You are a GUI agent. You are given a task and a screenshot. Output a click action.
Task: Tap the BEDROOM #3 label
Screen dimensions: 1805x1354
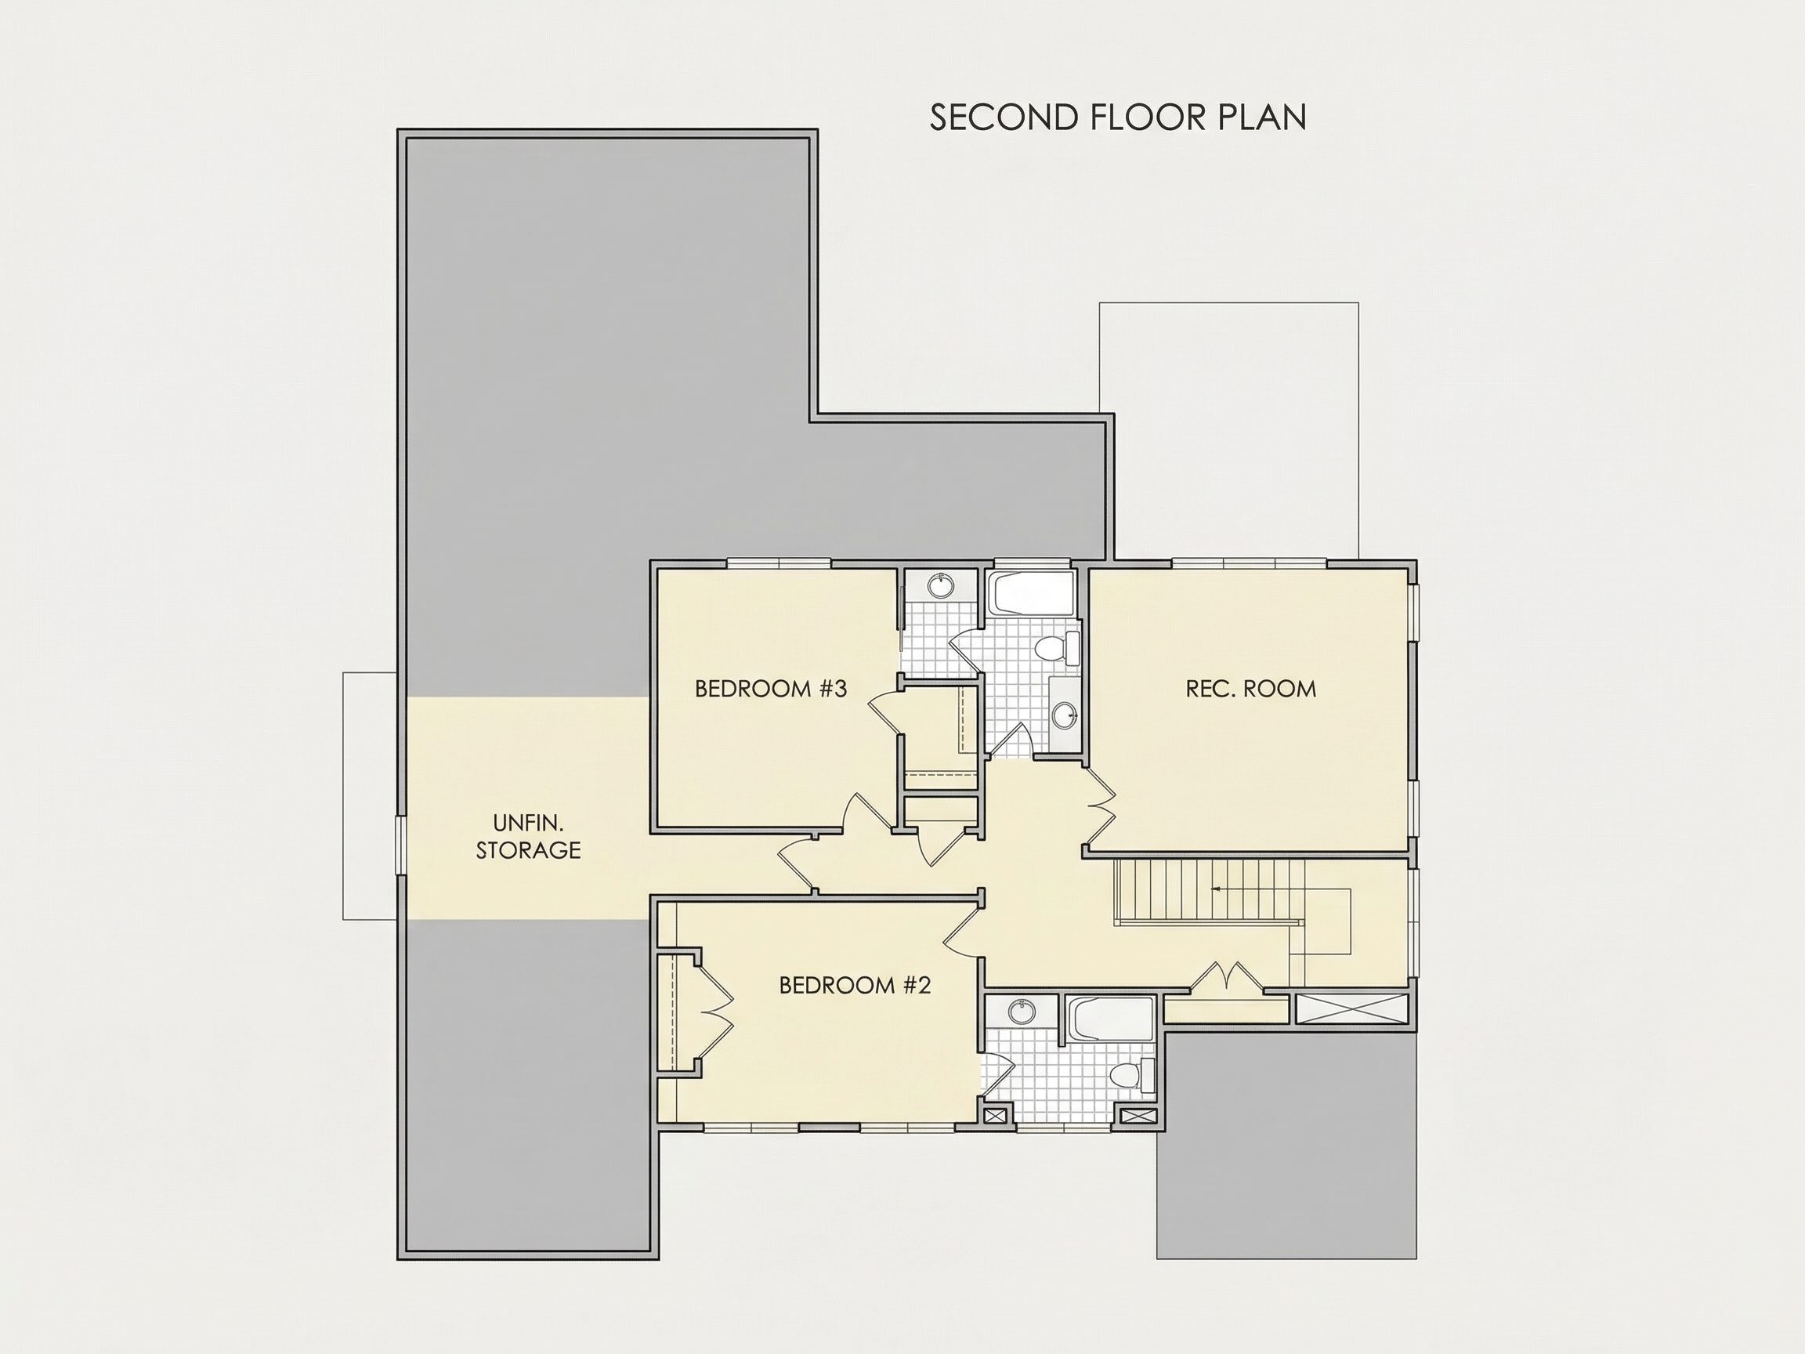click(771, 689)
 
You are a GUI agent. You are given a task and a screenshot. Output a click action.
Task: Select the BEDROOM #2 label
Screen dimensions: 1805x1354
click(855, 985)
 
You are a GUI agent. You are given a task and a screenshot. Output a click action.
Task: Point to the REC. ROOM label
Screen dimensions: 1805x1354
click(1251, 689)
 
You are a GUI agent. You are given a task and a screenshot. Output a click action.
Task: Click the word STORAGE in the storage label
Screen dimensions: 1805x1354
click(529, 849)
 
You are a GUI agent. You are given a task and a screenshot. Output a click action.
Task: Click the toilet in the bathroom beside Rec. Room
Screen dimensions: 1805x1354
click(1056, 648)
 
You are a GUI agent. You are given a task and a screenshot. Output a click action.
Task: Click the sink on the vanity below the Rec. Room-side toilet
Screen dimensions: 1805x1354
click(1065, 715)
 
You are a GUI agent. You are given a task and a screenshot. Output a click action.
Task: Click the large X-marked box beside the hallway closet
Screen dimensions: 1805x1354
click(1352, 1008)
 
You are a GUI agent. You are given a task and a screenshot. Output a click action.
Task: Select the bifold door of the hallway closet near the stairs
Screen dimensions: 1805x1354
click(1228, 977)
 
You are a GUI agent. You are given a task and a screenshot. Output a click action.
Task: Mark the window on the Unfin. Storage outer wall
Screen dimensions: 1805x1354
click(400, 846)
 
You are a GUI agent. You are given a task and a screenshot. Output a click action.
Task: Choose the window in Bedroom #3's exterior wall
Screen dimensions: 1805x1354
click(779, 563)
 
